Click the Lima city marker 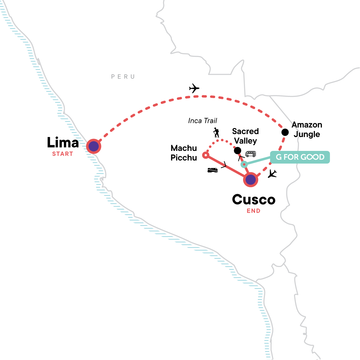click(94, 146)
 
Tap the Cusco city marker click(250, 179)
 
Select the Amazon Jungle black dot click(285, 132)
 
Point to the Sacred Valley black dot click(237, 151)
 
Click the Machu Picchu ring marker click(206, 155)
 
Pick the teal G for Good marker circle click(244, 164)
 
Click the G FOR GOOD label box click(300, 157)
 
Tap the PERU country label click(123, 76)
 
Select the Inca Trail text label click(202, 121)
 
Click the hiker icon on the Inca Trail click(216, 133)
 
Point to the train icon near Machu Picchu click(213, 170)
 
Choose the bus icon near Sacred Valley click(250, 154)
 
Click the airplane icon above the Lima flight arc click(194, 88)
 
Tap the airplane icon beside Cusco click(272, 174)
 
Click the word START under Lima click(63, 154)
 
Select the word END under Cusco click(253, 211)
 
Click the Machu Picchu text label click(184, 153)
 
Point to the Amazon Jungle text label click(307, 129)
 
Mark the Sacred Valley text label click(245, 136)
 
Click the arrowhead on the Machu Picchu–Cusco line click(224, 165)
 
